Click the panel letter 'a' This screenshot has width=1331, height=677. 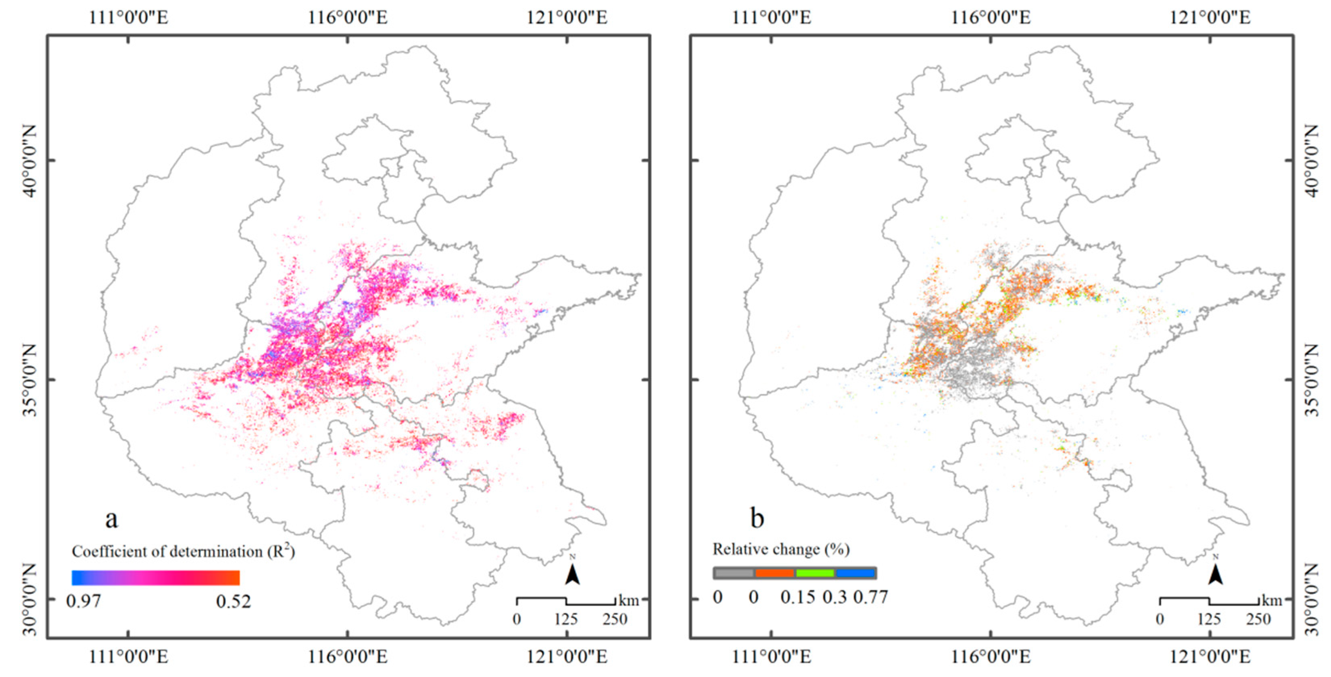click(111, 519)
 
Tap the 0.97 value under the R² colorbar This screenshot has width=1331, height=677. click(84, 601)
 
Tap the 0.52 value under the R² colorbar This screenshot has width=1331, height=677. click(234, 601)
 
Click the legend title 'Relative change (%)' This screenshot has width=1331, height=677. click(781, 549)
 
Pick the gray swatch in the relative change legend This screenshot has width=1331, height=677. click(734, 573)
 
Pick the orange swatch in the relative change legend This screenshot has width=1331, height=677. click(774, 573)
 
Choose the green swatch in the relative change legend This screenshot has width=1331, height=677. click(815, 573)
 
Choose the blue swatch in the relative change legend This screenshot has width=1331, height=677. click(855, 573)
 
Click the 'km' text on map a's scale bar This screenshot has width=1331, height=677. click(629, 600)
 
